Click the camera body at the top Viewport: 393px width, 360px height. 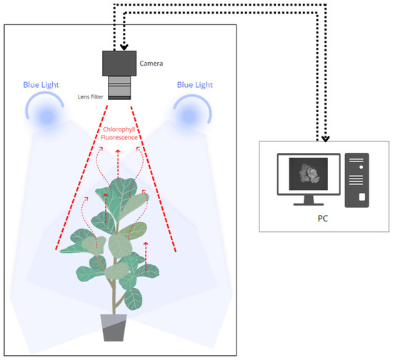(122, 64)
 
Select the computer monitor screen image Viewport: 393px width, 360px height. (309, 174)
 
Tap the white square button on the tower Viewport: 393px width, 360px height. (362, 196)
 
